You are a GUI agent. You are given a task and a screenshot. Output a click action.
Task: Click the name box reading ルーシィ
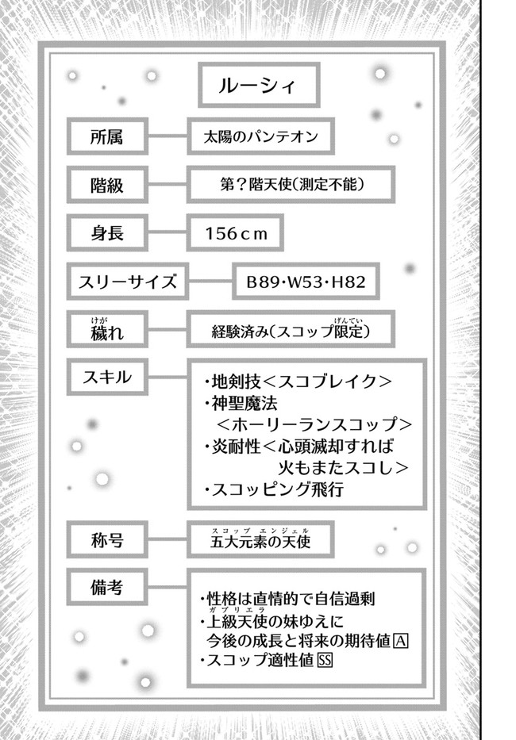[x=259, y=86]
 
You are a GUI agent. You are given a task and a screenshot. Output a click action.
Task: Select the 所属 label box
[x=107, y=136]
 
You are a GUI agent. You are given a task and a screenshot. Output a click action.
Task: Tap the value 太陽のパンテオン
[x=260, y=137]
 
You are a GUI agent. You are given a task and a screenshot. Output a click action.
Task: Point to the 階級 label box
[x=107, y=185]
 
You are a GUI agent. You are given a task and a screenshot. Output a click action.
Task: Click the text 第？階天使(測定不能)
[x=292, y=185]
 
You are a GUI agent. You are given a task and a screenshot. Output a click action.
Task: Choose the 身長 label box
[x=107, y=232]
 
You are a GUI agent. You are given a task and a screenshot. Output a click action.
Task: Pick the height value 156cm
[x=236, y=233]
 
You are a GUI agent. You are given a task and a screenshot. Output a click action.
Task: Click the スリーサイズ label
[x=128, y=282]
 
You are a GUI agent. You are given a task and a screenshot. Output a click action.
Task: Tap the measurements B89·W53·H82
[x=306, y=282]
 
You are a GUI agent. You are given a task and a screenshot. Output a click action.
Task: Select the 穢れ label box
[x=107, y=329]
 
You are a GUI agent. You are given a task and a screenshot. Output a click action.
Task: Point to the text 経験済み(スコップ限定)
[x=291, y=330]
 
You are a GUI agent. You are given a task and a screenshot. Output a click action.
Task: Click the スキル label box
[x=107, y=377]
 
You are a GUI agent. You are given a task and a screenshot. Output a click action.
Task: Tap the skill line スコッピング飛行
[x=274, y=489]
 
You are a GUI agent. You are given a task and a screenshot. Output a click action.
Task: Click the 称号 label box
[x=107, y=539]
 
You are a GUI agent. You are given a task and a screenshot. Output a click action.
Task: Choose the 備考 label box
[x=107, y=587]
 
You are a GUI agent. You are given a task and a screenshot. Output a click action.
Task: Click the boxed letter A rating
[x=401, y=641]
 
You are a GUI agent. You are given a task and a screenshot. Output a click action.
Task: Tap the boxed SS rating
[x=325, y=660]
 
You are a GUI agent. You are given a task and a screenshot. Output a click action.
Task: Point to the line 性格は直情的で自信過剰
[x=287, y=598]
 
